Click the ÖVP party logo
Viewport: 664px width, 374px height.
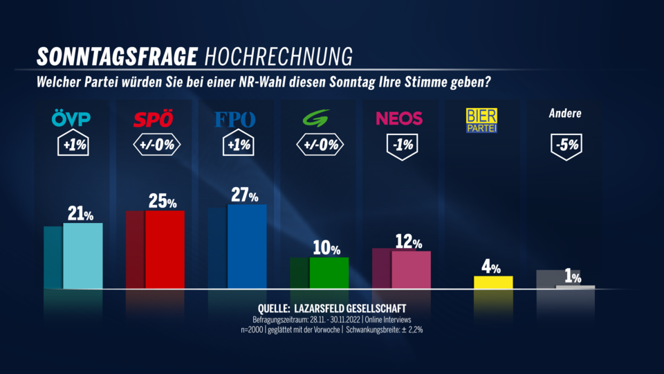tap(71, 119)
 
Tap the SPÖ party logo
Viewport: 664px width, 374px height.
tap(153, 119)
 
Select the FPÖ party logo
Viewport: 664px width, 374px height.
tap(235, 119)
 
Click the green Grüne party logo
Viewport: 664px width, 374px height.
tap(317, 118)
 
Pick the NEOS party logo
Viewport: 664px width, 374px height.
tap(399, 118)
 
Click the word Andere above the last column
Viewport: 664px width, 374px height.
tap(565, 113)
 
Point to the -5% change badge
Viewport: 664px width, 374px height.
tap(565, 146)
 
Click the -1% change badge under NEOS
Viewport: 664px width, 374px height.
tap(399, 146)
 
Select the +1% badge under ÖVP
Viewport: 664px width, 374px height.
tap(71, 146)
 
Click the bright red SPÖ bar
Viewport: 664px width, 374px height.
tap(165, 249)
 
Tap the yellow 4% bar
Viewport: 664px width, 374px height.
tap(493, 282)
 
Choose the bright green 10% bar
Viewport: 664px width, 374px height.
tap(329, 273)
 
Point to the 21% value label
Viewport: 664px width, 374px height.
tap(80, 214)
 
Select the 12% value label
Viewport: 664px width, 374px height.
tap(409, 242)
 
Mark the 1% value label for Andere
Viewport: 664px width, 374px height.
tap(573, 277)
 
